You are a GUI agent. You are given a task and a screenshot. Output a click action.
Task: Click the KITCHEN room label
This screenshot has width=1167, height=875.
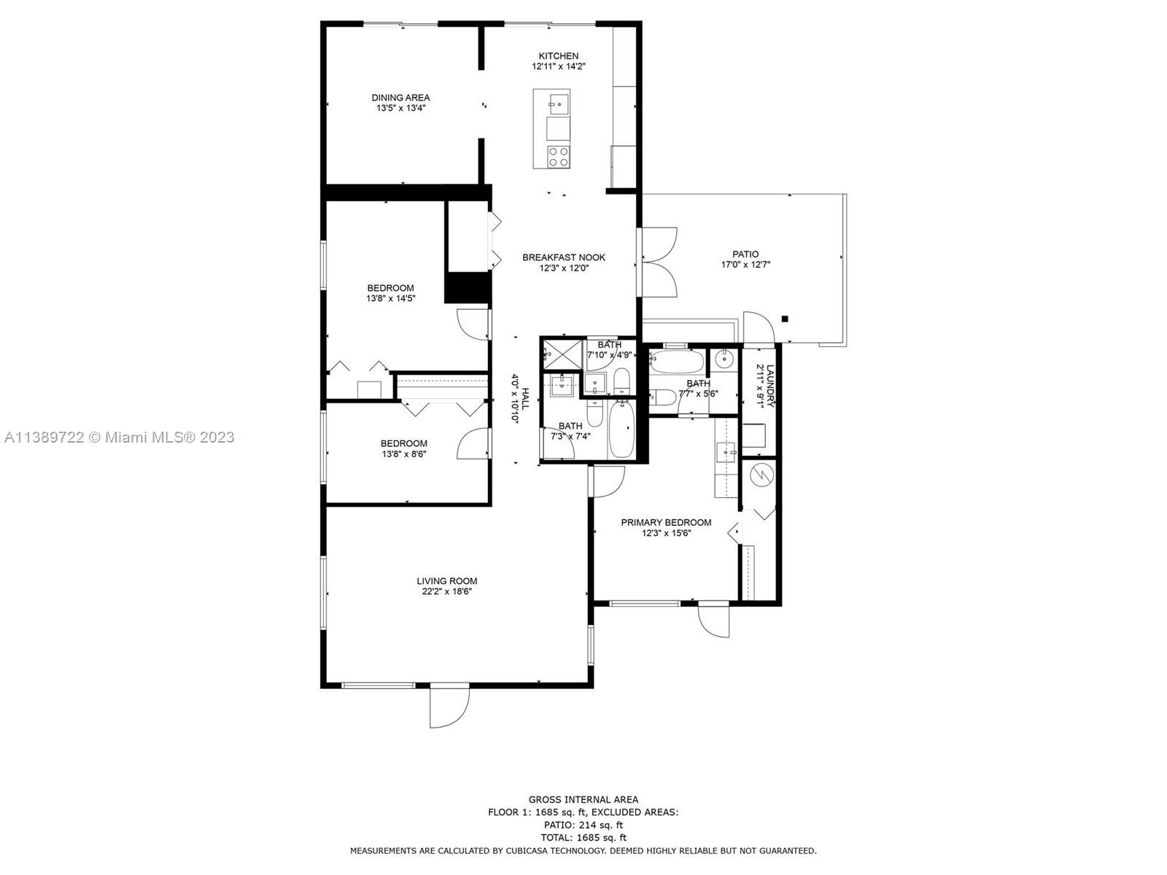click(x=558, y=56)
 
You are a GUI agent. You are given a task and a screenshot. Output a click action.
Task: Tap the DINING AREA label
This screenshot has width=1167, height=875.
click(x=400, y=98)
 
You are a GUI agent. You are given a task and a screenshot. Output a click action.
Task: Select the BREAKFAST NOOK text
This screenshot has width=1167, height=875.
click(x=564, y=257)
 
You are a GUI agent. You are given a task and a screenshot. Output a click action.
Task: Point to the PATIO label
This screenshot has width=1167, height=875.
click(x=745, y=254)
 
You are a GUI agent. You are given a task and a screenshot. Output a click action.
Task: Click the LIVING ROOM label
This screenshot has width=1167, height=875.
click(x=446, y=581)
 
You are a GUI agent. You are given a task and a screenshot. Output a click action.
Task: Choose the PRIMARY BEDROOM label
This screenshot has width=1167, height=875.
click(x=666, y=523)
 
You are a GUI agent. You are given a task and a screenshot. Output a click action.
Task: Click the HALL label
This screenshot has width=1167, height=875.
click(x=525, y=398)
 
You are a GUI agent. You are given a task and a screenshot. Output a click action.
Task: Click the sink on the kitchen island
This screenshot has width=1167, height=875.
click(x=558, y=101)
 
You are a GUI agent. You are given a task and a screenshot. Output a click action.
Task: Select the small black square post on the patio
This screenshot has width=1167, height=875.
click(x=784, y=319)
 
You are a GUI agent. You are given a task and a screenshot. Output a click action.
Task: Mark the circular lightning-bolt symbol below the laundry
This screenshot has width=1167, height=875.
click(x=761, y=474)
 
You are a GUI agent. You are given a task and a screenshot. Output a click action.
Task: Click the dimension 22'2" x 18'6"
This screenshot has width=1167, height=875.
click(x=446, y=592)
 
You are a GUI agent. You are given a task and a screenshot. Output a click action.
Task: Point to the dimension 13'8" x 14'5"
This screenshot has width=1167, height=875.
click(x=390, y=298)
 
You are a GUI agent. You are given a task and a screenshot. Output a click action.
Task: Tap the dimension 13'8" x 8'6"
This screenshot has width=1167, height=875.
click(x=403, y=454)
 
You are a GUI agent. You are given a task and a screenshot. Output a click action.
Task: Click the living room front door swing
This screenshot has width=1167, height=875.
click(x=450, y=707)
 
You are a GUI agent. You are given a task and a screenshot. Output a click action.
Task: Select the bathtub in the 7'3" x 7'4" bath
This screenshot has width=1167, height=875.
click(x=621, y=429)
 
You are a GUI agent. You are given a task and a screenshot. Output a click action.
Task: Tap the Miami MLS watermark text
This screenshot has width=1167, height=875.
click(x=119, y=437)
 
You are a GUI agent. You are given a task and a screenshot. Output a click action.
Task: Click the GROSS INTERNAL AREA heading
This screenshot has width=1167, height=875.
click(x=583, y=800)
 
